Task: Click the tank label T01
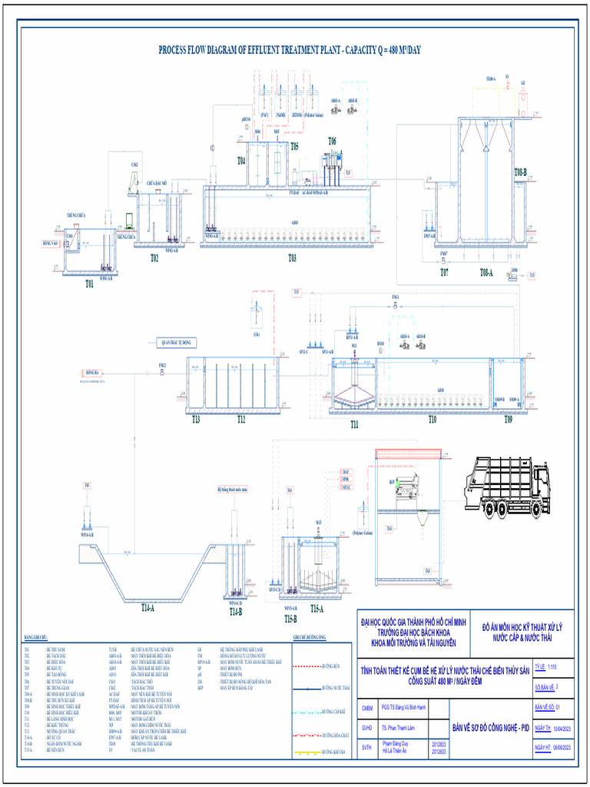coord(89,284)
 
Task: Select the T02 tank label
coord(154,258)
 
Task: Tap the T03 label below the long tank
coord(292,258)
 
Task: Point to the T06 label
coord(332,141)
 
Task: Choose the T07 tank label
coord(444,272)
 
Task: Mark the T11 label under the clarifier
coord(354,423)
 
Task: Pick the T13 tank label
coord(196,420)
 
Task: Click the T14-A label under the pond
coord(147,607)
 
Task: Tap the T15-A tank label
coord(316,608)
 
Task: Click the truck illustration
coord(506,486)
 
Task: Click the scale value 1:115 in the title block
coord(552,666)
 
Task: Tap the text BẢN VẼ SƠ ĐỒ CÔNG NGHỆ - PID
coord(488,726)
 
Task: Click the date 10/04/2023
coord(562,727)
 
